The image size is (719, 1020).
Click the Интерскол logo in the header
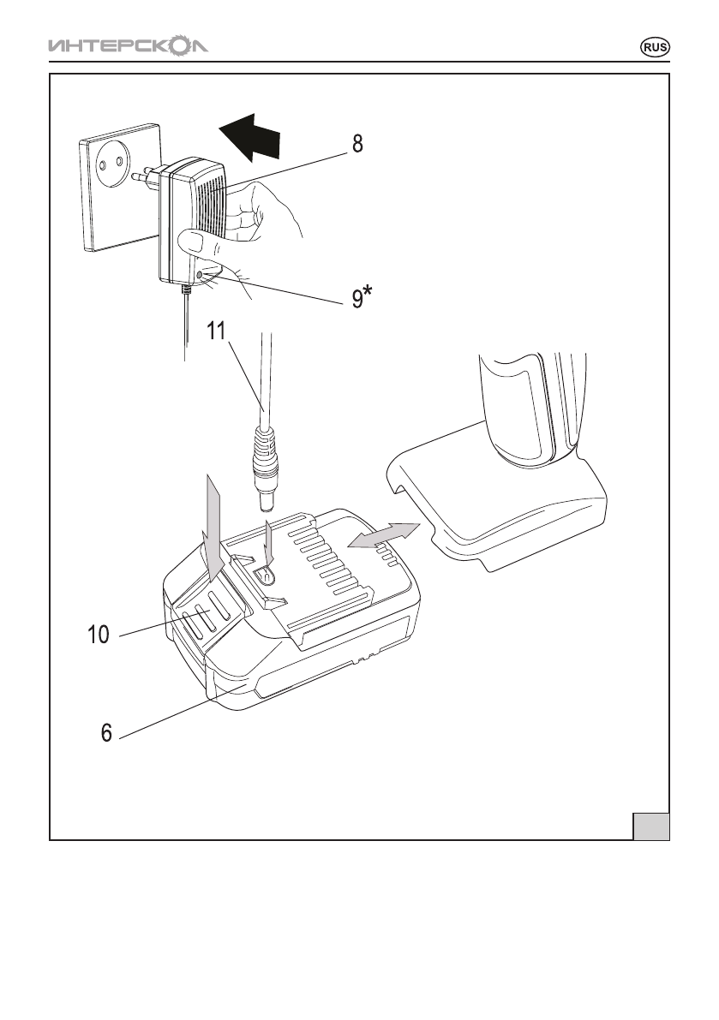coord(129,47)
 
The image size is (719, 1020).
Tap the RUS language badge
coord(655,47)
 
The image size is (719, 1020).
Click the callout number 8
coord(358,144)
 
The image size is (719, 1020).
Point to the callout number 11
coord(216,331)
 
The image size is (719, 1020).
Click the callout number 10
coord(99,635)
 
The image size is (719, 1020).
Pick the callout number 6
coord(107,732)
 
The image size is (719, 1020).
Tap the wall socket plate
coord(121,187)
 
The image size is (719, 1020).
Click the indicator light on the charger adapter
coord(198,275)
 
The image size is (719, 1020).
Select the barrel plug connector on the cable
coord(266,469)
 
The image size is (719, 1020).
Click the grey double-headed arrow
coord(383,535)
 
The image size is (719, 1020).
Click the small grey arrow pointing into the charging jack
coord(269,541)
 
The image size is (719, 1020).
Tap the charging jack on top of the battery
coord(265,575)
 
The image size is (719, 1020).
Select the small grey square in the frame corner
coord(651,826)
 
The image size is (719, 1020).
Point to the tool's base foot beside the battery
coord(499,498)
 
